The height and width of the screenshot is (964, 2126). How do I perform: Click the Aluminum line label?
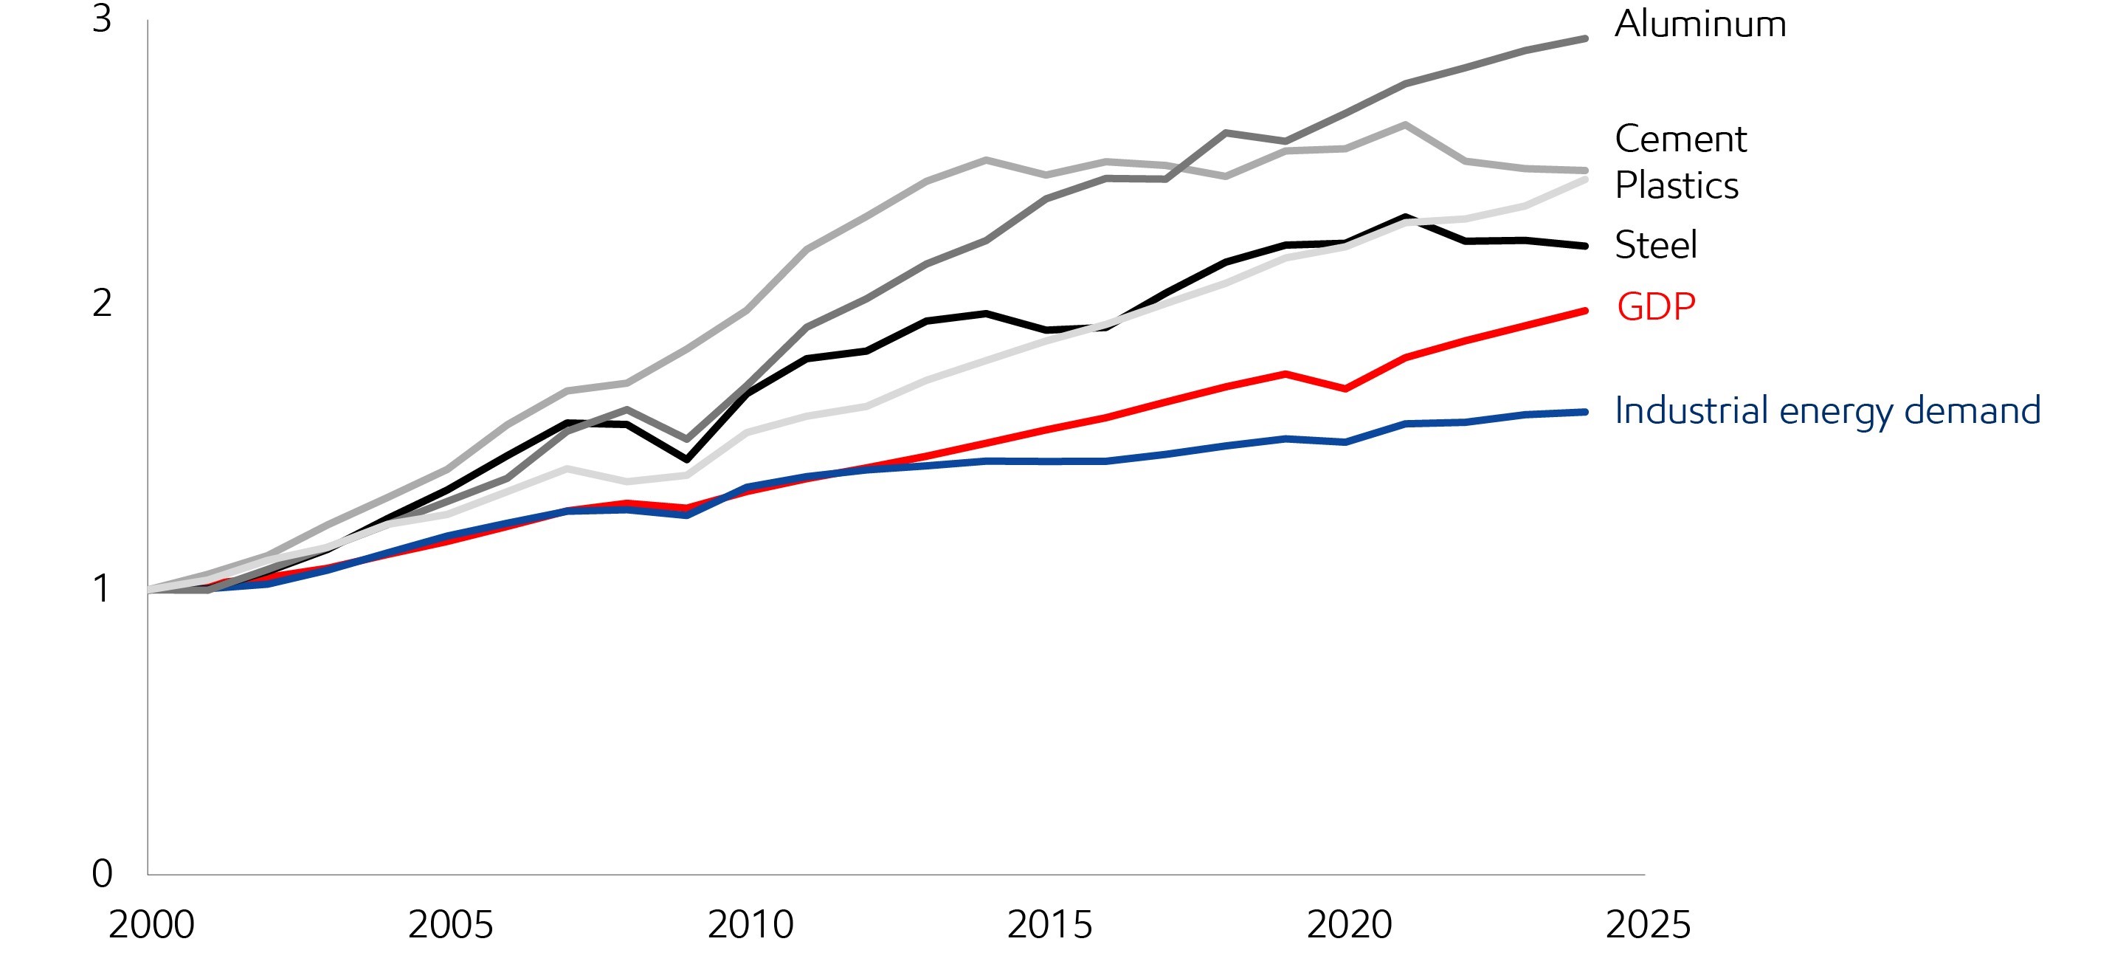(x=1700, y=25)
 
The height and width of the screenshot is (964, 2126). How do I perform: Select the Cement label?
(x=1680, y=140)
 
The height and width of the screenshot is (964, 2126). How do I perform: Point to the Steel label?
(x=1656, y=245)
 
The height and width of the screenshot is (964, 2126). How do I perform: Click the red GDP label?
(x=1656, y=307)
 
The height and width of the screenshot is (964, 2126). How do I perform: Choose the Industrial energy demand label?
(x=1827, y=411)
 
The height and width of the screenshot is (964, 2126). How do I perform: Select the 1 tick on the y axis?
(x=102, y=589)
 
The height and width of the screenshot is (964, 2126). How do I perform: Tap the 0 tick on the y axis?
(x=102, y=874)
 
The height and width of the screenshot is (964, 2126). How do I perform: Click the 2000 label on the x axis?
(x=151, y=925)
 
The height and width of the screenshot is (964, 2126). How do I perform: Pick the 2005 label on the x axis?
(x=451, y=925)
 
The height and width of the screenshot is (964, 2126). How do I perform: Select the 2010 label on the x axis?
(x=750, y=925)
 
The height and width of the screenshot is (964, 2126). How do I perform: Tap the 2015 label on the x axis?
(x=1050, y=925)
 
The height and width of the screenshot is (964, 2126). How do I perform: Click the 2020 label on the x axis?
(x=1350, y=925)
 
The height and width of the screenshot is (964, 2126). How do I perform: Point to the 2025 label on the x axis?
(x=1648, y=925)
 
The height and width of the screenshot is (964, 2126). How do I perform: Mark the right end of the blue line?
(x=1584, y=412)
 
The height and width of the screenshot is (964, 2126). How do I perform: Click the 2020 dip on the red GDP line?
(x=1346, y=389)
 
